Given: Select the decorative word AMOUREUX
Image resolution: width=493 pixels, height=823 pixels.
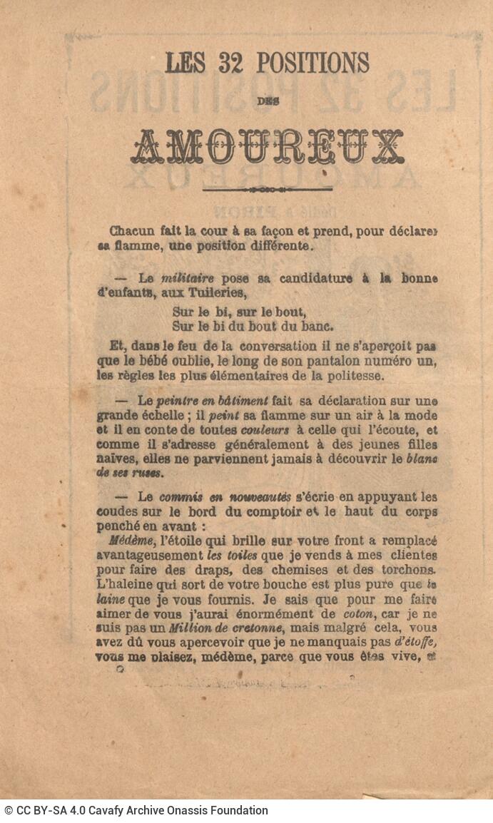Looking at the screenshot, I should [x=267, y=148].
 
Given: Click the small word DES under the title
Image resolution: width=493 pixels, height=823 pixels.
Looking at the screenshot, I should [x=268, y=101].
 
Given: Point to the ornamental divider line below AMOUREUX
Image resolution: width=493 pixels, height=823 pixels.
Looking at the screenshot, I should [x=268, y=190].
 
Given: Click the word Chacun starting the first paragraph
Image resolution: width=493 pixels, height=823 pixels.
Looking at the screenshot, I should [x=131, y=231].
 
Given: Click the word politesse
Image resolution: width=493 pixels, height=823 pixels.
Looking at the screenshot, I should [x=357, y=374].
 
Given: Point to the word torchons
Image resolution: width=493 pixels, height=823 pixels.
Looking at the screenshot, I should [x=407, y=570].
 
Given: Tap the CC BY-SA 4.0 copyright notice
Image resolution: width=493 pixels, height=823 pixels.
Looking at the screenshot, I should [x=136, y=810].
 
